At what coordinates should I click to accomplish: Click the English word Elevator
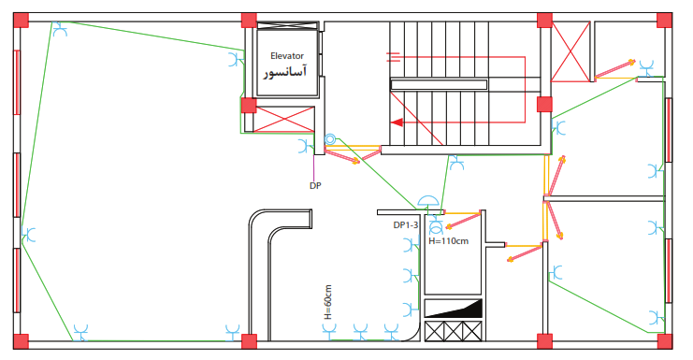point(287,56)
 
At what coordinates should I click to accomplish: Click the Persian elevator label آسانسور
point(285,72)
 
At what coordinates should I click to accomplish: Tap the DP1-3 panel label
point(405,225)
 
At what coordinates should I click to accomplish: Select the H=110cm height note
point(448,241)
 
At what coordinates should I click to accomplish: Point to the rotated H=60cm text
point(327,302)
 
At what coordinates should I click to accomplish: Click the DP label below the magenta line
point(315,186)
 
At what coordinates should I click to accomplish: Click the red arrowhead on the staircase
point(397,122)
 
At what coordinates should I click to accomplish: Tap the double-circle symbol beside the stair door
point(330,140)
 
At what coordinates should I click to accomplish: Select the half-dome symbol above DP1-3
point(427,201)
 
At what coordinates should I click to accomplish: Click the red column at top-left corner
point(21,21)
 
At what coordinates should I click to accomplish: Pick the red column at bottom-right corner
point(664,341)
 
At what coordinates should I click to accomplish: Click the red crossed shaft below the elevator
point(285,120)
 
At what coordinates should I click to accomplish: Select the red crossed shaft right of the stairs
point(570,52)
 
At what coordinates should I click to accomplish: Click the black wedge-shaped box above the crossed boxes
point(454,309)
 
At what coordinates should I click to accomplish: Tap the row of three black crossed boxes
point(453,331)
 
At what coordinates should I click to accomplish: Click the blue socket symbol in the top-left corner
point(60,29)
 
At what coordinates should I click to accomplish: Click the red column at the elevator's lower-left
point(249,106)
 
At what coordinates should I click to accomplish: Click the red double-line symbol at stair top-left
point(394,56)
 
